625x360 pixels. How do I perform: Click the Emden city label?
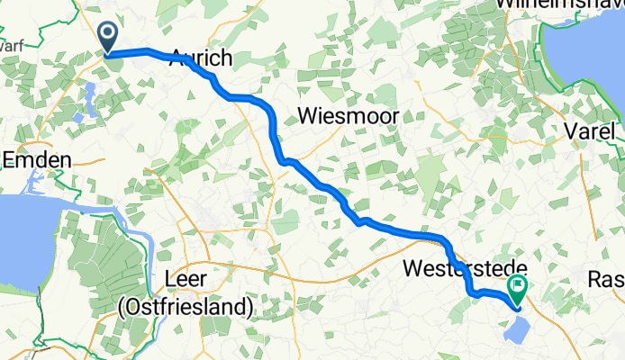pos(36,159)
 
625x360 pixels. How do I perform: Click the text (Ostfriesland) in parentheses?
pos(186,308)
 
